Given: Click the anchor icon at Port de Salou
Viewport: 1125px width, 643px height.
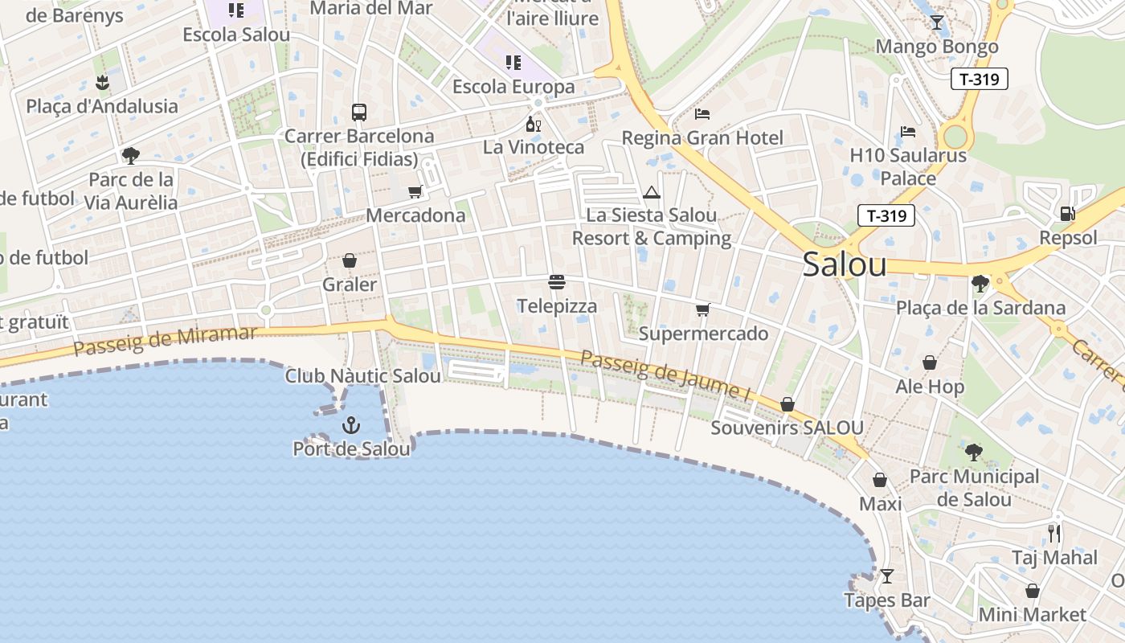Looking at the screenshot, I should coord(350,425).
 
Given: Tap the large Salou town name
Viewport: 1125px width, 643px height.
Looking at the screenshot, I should coord(845,264).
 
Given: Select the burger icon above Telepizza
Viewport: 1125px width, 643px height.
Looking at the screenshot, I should coord(557,282).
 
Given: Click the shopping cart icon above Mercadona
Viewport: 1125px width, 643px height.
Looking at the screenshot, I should coord(415,191).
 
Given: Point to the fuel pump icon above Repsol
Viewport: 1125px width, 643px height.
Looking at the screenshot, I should coord(1068,213).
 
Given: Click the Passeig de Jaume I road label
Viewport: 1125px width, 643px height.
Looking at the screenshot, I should coord(665,375).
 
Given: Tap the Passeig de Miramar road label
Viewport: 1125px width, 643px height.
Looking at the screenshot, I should coord(165,340).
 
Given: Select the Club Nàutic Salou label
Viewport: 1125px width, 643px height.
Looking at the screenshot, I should coord(363,376).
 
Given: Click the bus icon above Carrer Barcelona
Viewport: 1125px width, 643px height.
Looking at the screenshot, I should coord(359,113).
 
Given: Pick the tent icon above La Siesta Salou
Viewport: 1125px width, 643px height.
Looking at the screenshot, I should coord(652,192).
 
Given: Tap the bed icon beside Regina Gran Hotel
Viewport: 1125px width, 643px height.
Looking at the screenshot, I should coord(702,113).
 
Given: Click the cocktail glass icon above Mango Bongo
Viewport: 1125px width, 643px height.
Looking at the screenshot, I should coord(937,23).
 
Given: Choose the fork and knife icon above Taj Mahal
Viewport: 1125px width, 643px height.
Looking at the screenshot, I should coord(1054,533).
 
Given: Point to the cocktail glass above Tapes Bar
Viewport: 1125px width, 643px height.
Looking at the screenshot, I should coord(887,576).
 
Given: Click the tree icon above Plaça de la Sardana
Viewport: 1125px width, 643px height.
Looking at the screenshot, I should coord(980,283).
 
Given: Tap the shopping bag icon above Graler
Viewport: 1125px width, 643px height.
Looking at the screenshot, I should coord(350,260).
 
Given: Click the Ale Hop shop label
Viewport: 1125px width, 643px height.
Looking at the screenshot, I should coord(930,387).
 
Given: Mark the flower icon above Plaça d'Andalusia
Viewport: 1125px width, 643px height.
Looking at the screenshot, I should coord(102,81).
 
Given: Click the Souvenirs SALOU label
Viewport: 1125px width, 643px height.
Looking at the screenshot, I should coord(787,428).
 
